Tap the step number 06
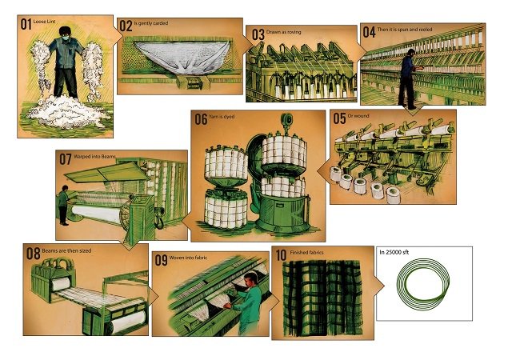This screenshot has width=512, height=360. (199, 119)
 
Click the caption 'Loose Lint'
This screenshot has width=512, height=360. (44, 22)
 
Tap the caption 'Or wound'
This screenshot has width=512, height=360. (356, 117)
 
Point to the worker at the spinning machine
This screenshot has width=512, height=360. (408, 77)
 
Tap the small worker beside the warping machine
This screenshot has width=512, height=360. (62, 204)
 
